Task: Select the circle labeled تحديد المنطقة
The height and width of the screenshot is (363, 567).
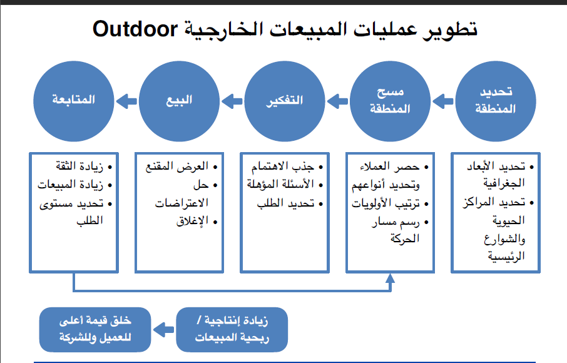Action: (x=496, y=100)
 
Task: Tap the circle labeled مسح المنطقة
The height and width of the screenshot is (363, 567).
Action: (x=391, y=100)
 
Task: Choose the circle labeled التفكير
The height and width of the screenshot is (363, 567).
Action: (x=285, y=100)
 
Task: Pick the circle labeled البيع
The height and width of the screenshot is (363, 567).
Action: (x=180, y=100)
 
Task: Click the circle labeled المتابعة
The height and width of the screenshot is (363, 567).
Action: (x=74, y=100)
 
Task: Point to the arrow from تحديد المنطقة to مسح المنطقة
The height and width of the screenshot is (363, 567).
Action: (x=443, y=100)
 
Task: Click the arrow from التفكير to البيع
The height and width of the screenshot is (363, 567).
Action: (x=232, y=100)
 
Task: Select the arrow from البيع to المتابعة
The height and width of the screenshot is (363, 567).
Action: (x=126, y=100)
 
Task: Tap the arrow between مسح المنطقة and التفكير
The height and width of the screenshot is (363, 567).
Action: (x=338, y=100)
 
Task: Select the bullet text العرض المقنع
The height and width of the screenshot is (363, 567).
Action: (x=181, y=167)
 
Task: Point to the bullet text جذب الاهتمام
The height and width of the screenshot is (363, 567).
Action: (x=289, y=167)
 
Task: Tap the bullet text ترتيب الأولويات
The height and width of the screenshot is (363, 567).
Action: (x=393, y=203)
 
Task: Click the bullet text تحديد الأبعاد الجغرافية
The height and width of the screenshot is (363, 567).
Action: (x=498, y=175)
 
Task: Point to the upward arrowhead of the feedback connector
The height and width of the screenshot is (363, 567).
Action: (x=390, y=279)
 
